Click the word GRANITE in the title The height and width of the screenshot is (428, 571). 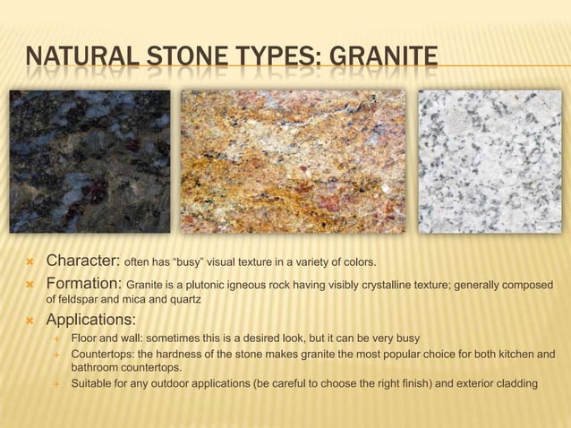point(384,60)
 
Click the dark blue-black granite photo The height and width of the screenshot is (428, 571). point(89,161)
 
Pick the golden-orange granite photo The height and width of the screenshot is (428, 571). point(293,161)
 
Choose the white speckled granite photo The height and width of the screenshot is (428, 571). point(490,161)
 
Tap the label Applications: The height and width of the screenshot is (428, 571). point(91,320)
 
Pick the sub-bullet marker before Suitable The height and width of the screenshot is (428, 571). point(55,385)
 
